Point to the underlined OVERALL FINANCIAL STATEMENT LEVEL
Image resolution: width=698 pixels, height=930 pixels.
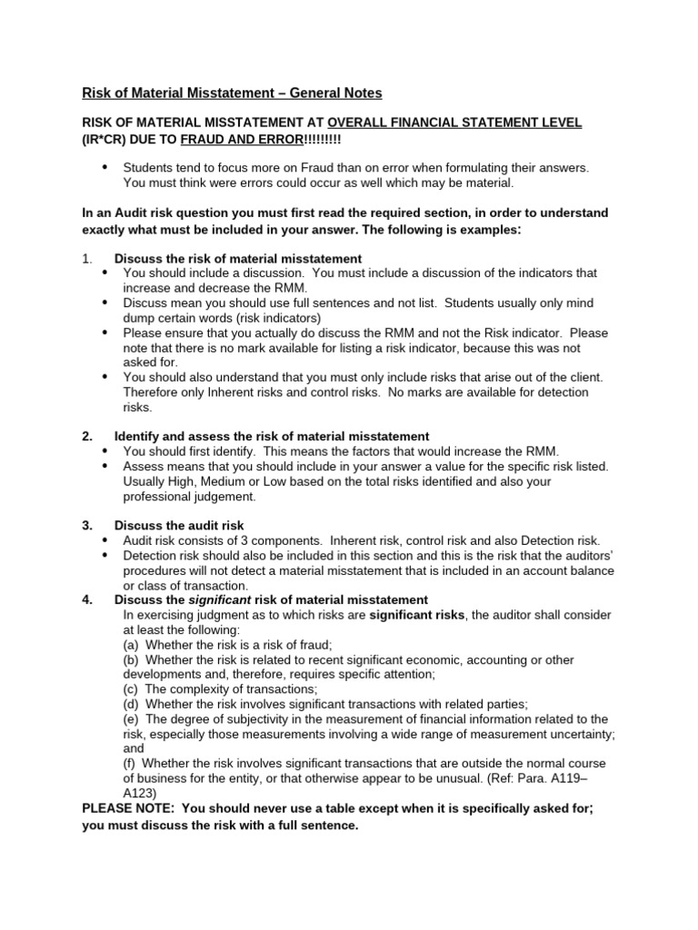click(x=454, y=123)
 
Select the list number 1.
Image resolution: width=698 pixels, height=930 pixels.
click(x=86, y=259)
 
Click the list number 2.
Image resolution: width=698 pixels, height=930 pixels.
click(x=87, y=437)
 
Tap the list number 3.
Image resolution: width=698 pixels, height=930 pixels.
click(x=87, y=526)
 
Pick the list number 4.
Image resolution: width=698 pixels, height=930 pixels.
click(x=87, y=599)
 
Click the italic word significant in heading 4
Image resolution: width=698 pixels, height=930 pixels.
click(x=220, y=599)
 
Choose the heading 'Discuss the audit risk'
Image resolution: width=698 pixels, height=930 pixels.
click(x=179, y=526)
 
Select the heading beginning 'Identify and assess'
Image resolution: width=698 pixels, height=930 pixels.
click(x=271, y=437)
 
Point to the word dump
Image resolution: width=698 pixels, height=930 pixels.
click(x=139, y=319)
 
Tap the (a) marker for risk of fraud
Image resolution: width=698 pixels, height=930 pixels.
click(x=132, y=644)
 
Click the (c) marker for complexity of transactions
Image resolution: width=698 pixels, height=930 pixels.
click(x=132, y=688)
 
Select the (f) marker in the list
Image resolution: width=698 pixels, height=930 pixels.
click(x=131, y=763)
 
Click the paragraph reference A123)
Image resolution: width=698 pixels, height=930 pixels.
click(x=145, y=793)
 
